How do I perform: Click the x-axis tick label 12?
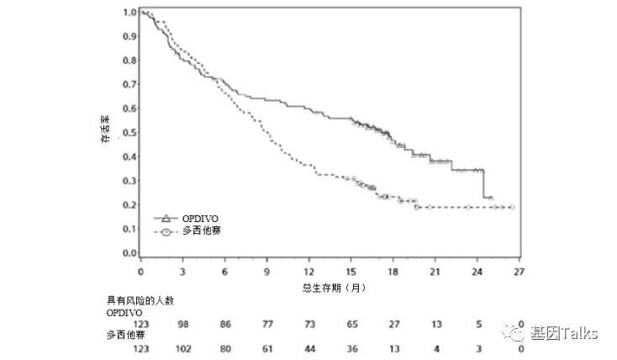pyautogui.click(x=308, y=273)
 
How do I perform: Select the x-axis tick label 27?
pyautogui.click(x=519, y=273)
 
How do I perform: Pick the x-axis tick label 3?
pyautogui.click(x=182, y=273)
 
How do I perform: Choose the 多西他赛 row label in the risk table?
pyautogui.click(x=126, y=334)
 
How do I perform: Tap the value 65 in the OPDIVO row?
pyautogui.click(x=351, y=323)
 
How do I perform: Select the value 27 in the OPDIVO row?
pyautogui.click(x=393, y=323)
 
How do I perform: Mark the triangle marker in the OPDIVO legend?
pyautogui.click(x=166, y=218)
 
